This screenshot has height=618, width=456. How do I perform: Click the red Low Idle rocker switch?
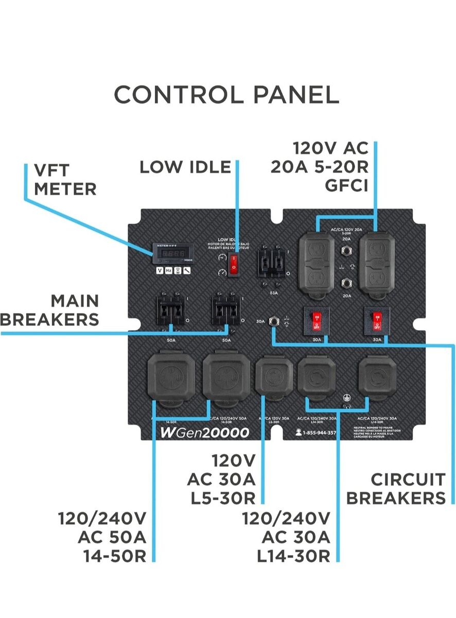click(234, 263)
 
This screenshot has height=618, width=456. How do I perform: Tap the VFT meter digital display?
click(168, 254)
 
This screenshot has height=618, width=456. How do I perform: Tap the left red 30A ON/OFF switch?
click(317, 320)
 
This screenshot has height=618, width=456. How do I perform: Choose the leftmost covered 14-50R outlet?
click(170, 377)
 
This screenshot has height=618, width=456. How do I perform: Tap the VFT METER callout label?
click(65, 179)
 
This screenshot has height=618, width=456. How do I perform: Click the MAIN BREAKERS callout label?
click(50, 310)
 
